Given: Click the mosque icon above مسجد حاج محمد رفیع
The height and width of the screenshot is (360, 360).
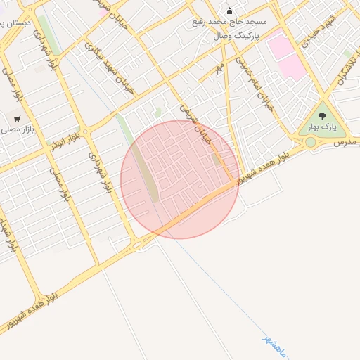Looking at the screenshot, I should click(x=229, y=11).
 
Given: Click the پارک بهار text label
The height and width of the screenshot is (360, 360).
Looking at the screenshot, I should click(x=323, y=127).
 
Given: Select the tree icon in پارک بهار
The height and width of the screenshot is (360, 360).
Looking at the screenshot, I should click(x=323, y=116).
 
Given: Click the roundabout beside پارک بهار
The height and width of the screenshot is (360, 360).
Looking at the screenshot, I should click(x=310, y=142).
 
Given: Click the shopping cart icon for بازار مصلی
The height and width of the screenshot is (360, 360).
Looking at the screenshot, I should click(x=15, y=118).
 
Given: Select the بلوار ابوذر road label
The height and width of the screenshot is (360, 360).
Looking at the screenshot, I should click(x=64, y=139).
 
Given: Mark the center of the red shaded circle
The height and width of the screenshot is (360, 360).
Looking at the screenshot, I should click(x=180, y=179).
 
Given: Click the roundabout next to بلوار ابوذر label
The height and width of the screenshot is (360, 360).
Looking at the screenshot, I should click(x=85, y=131).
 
